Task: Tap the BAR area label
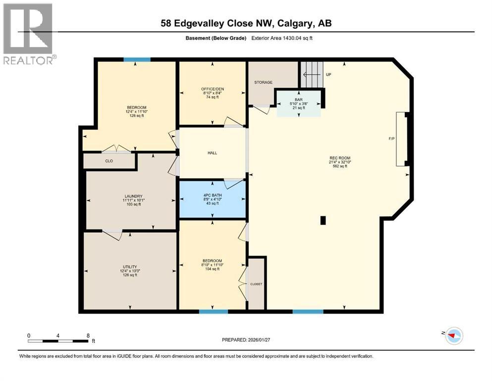299,99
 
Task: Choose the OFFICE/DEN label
213,89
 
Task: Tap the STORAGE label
264,82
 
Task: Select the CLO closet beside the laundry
109,161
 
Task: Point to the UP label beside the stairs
328,74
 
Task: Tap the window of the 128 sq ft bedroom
137,60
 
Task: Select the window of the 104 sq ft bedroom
214,312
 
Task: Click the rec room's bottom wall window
308,312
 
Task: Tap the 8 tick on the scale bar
88,336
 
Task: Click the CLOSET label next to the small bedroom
256,284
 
